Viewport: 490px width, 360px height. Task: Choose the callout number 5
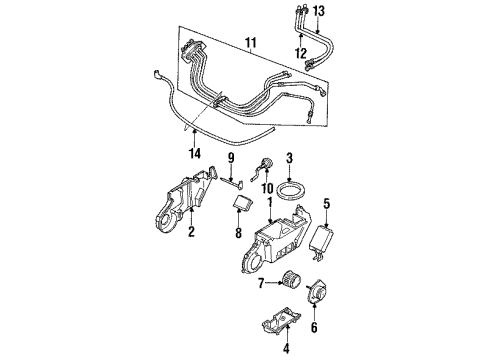[x=327, y=207]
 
